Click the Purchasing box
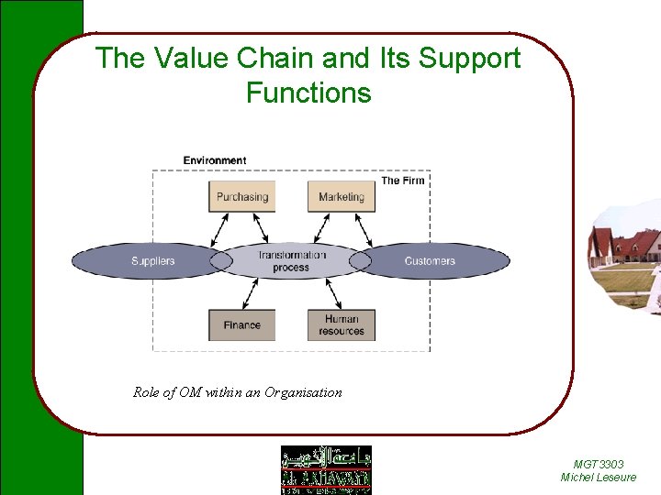241,196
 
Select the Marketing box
342,196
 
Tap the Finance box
241,324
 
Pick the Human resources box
342,324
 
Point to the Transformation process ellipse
291,261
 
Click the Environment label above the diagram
214,160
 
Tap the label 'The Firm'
402,181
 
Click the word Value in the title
183,59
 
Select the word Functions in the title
308,93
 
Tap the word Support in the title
469,59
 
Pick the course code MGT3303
598,465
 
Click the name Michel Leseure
598,478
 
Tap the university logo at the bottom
326,469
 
